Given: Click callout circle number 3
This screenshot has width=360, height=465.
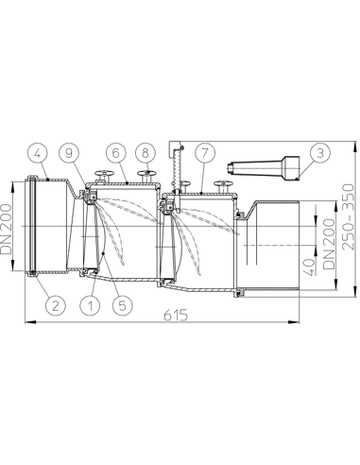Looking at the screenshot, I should (x=321, y=151).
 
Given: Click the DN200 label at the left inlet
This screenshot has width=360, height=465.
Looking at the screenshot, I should (x=9, y=226).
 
